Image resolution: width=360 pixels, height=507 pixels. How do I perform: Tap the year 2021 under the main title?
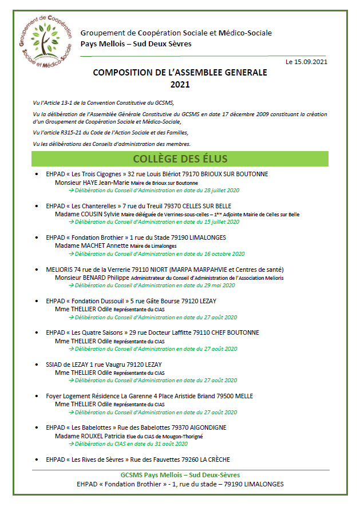180,84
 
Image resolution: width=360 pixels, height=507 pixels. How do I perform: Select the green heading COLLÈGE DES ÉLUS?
180,159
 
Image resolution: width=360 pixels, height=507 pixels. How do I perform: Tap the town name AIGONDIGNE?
206,427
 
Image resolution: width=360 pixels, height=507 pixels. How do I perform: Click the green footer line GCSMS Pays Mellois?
180,475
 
